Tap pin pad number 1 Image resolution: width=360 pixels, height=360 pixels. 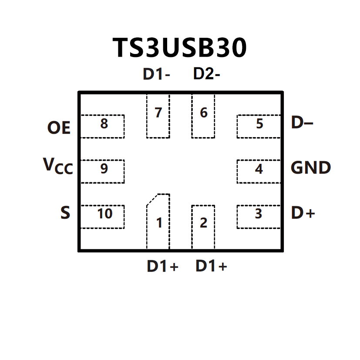click(x=158, y=222)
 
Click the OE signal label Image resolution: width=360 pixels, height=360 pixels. click(x=59, y=128)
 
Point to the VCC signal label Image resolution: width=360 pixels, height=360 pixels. click(x=57, y=166)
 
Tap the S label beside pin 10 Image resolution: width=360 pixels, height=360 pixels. click(x=65, y=213)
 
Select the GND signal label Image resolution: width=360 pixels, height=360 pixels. click(x=311, y=168)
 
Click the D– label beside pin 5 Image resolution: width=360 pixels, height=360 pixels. click(x=302, y=124)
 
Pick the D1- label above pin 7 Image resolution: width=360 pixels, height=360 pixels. click(x=156, y=74)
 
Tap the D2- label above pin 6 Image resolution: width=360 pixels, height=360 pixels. click(x=206, y=74)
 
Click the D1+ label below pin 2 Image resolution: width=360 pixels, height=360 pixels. click(x=211, y=266)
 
